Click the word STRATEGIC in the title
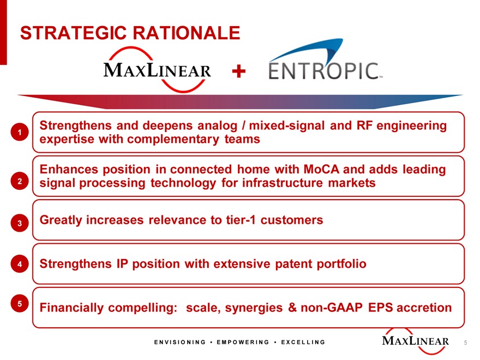tap(74, 33)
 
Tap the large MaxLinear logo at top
tap(157, 70)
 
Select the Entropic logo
tap(326, 59)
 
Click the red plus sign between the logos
tap(239, 71)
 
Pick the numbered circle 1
tap(20, 132)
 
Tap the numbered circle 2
tap(20, 181)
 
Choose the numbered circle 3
tap(20, 223)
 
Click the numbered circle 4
tap(20, 263)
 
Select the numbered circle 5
tap(20, 303)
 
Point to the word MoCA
tap(321, 169)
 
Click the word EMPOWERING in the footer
tap(243, 342)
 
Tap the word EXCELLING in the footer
tap(303, 342)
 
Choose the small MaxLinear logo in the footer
tap(416, 341)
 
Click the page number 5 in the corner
tap(465, 343)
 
